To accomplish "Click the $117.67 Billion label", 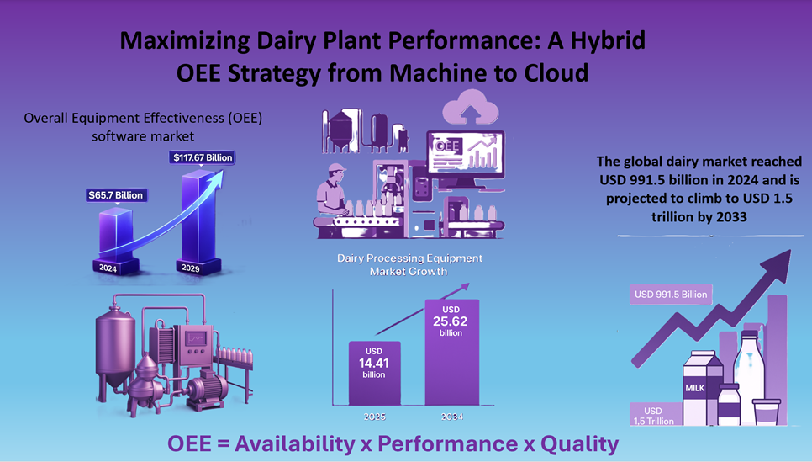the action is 202,157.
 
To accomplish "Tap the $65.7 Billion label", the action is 116,195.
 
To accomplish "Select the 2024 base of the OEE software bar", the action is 108,268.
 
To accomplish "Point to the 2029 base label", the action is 191,268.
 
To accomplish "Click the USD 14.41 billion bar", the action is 374,373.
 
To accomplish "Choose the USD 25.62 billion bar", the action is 451,352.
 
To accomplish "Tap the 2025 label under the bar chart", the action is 374,417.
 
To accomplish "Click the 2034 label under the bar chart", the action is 451,417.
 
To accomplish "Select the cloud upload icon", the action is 471,106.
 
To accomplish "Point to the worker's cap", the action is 336,168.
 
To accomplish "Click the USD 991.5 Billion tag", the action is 671,295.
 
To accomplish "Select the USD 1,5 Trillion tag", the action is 655,416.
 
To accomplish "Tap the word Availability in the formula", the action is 295,443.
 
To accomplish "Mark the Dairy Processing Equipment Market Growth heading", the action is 409,264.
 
